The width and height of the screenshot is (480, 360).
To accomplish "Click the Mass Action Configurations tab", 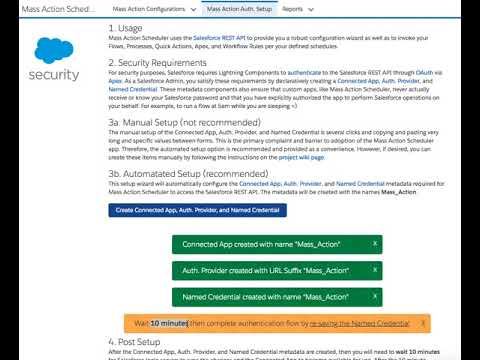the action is click(152, 8).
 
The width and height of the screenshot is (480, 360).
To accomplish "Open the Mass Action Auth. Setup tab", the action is click(239, 8).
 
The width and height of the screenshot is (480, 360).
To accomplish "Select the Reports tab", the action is click(293, 8).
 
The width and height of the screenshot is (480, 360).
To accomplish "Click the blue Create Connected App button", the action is click(198, 210).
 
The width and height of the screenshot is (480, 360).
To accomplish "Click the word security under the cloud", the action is click(53, 75).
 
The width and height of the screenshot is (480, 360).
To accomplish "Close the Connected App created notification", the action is click(375, 244).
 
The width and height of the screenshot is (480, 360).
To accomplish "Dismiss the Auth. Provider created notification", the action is click(375, 270).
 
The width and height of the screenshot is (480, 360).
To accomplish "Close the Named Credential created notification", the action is click(375, 297).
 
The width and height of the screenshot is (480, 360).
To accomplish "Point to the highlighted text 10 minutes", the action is click(169, 324).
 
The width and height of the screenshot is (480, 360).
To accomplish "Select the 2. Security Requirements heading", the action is click(169, 61).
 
